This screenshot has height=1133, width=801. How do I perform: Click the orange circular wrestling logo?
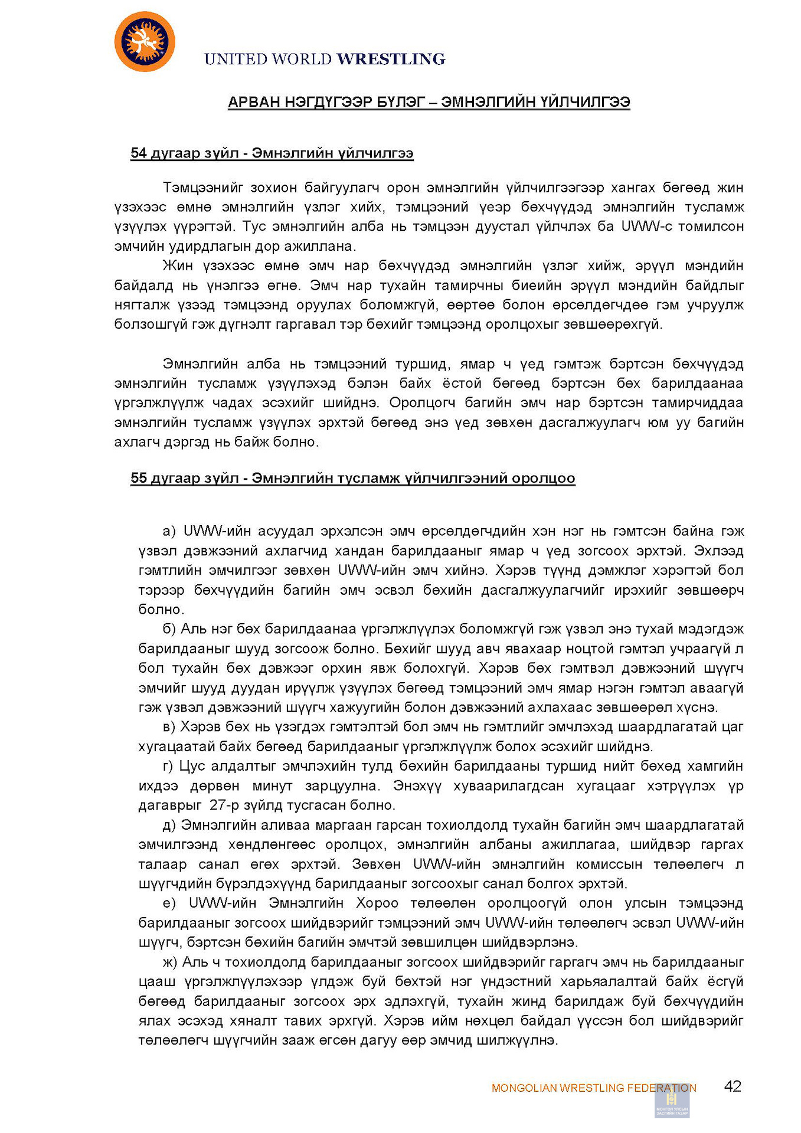(x=145, y=42)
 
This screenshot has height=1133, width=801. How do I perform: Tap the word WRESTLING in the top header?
(x=391, y=59)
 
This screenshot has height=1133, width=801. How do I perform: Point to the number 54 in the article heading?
(x=139, y=153)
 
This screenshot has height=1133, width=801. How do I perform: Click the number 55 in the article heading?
(x=139, y=478)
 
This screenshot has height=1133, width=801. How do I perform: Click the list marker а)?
(x=169, y=531)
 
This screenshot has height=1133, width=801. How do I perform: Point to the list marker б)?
(x=169, y=629)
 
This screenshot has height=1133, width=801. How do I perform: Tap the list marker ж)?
(x=169, y=962)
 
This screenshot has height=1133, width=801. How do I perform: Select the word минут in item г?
(x=272, y=786)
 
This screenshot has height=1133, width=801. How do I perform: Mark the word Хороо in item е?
(x=377, y=903)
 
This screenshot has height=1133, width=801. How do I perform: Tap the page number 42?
(x=733, y=1086)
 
